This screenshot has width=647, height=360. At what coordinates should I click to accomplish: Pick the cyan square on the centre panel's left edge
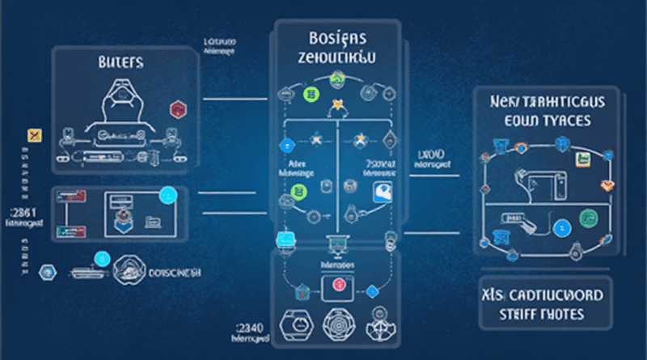coord(282,238)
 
